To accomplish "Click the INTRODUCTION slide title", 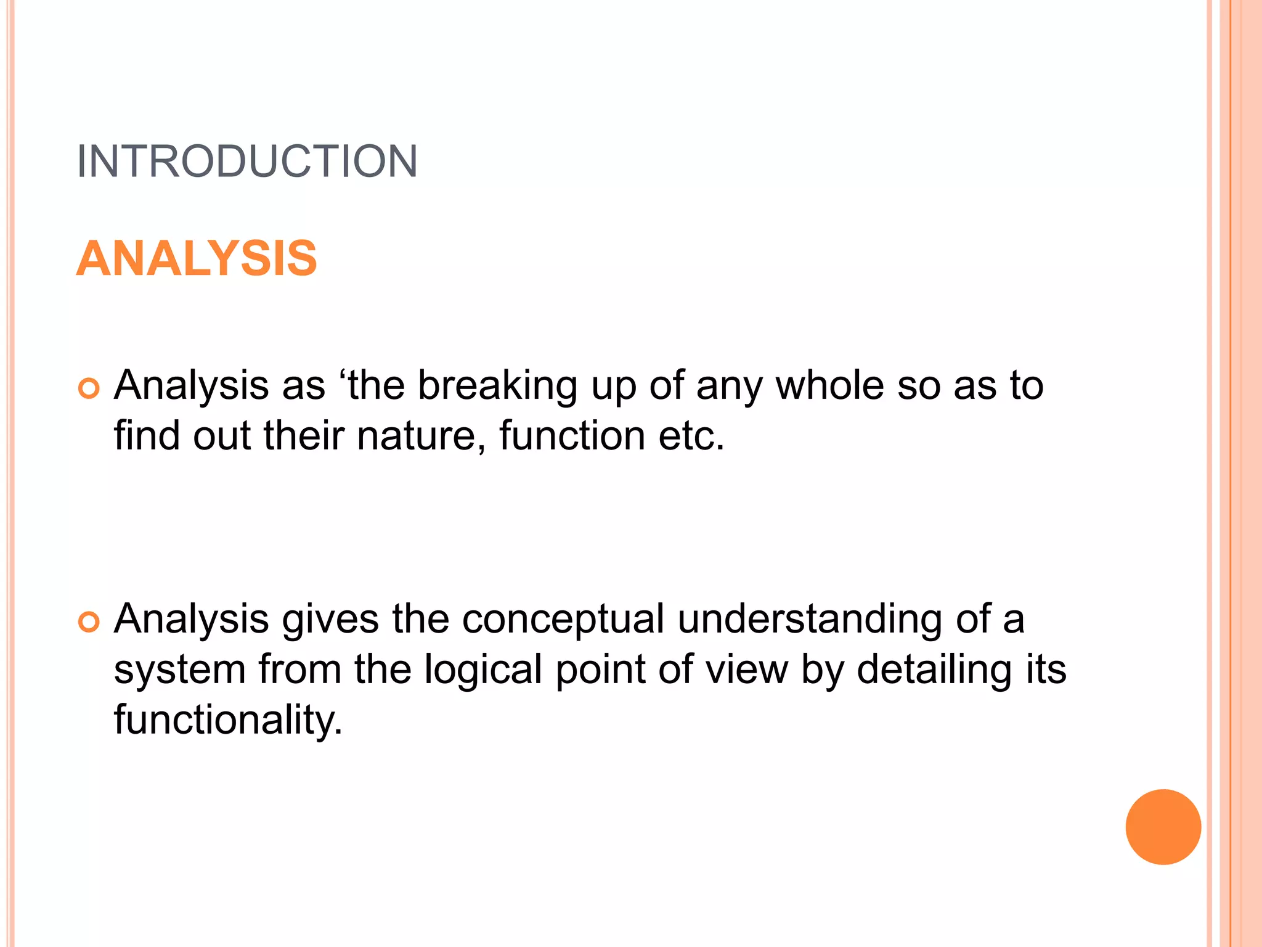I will pyautogui.click(x=247, y=162).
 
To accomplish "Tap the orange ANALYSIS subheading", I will pyautogui.click(x=197, y=258).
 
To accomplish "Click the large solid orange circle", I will pyautogui.click(x=1163, y=827).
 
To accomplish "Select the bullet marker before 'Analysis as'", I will pyautogui.click(x=89, y=389).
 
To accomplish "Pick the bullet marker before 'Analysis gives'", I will pyautogui.click(x=89, y=622).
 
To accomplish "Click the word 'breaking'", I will pyautogui.click(x=497, y=387).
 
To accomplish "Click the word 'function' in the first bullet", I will pyautogui.click(x=572, y=436).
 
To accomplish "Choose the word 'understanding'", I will pyautogui.click(x=810, y=620).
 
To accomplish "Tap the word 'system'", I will pyautogui.click(x=180, y=670).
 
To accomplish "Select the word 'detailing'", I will pyautogui.click(x=934, y=670).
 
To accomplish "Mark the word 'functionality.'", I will pyautogui.click(x=228, y=720).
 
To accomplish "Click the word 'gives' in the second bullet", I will pyautogui.click(x=330, y=620).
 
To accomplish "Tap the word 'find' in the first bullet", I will pyautogui.click(x=147, y=436).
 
